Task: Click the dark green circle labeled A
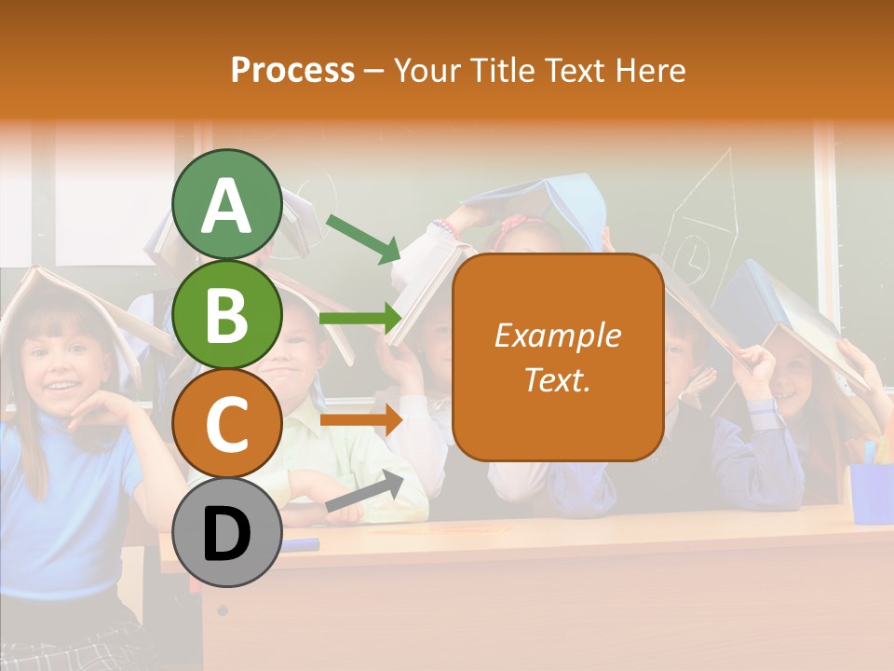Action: pyautogui.click(x=226, y=204)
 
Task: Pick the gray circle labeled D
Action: pyautogui.click(x=226, y=532)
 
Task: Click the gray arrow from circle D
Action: pyautogui.click(x=364, y=493)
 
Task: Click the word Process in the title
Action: pyautogui.click(x=292, y=70)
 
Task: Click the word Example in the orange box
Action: pyautogui.click(x=557, y=335)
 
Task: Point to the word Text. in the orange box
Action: pyautogui.click(x=557, y=379)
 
